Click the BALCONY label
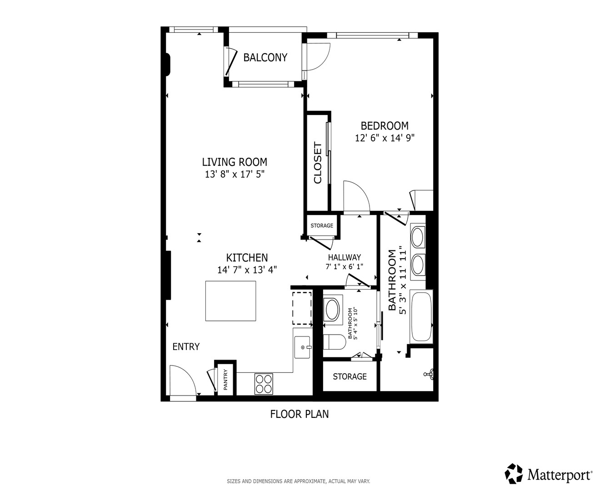click(265, 57)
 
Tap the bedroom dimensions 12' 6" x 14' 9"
click(384, 138)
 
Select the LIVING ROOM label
click(235, 162)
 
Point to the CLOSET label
click(318, 163)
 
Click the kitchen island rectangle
click(230, 301)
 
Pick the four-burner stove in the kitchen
click(264, 384)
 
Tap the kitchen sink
click(303, 347)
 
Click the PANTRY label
click(225, 380)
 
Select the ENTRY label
click(186, 346)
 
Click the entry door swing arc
click(190, 373)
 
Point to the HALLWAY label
click(344, 257)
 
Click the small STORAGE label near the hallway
click(322, 225)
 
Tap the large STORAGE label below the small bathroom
click(349, 376)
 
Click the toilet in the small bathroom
click(334, 342)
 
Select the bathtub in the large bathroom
click(422, 316)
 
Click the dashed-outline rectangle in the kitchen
click(302, 308)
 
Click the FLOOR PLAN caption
click(299, 414)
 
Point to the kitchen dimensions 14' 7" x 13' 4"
click(247, 270)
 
